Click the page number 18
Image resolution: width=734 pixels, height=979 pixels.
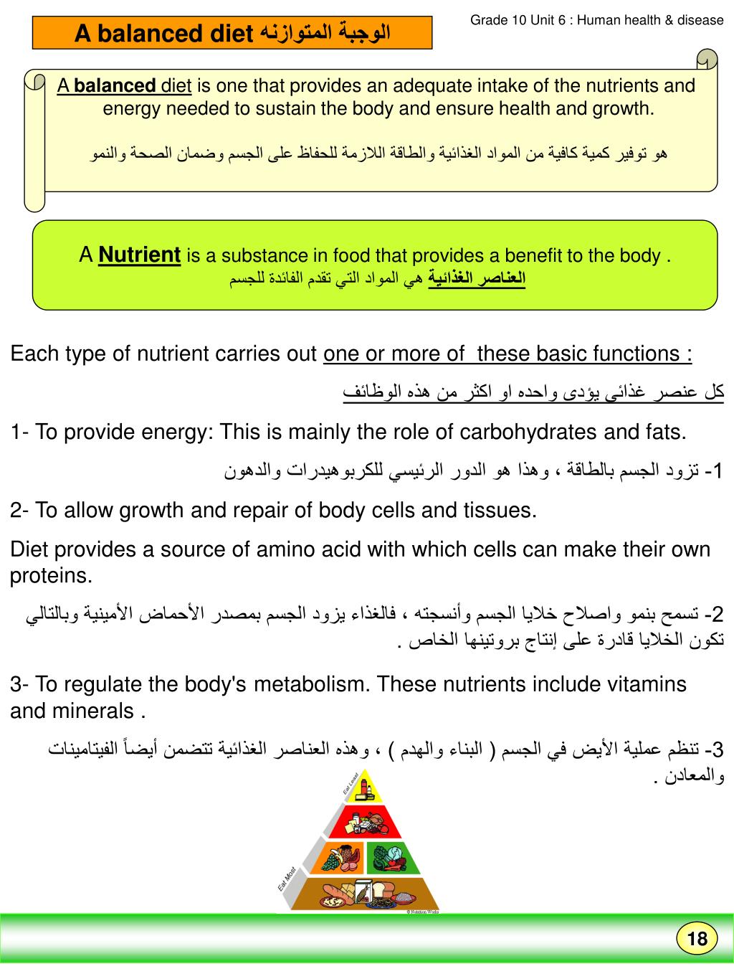point(697,940)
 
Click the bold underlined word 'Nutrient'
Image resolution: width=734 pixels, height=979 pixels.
point(139,255)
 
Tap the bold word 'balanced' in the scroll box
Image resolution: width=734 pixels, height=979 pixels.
point(115,86)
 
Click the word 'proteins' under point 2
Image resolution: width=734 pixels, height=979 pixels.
point(51,576)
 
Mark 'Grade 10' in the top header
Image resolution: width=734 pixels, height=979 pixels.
point(495,20)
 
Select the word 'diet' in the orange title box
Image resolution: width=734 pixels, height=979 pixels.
point(228,34)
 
